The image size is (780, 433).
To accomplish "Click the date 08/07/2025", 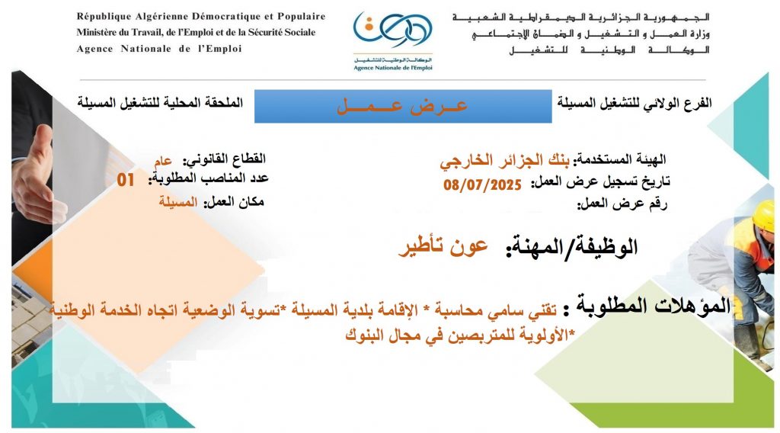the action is (482, 184).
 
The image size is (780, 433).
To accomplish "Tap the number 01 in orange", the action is (126, 180).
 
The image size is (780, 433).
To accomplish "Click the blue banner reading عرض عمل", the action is (403, 106).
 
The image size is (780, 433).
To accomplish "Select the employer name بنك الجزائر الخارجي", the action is (505, 160).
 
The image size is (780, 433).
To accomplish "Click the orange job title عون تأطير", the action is (443, 247).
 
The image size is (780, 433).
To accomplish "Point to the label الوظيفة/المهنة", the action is (571, 247).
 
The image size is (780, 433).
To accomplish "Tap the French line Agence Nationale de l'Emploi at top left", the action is (159, 49).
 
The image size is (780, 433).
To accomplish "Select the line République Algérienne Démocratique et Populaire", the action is (201, 17).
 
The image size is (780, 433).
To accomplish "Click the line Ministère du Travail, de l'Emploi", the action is (196, 32).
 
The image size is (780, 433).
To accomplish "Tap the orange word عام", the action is (163, 161).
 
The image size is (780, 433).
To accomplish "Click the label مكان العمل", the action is (233, 201).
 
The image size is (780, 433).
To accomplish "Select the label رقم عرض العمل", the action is (622, 204).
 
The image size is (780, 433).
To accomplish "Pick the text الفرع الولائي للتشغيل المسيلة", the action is (635, 103).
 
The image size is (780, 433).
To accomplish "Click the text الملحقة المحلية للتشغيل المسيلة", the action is (160, 103).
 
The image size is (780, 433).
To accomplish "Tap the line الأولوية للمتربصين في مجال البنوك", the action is (460, 336).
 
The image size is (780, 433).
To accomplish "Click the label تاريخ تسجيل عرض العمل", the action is (600, 182).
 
